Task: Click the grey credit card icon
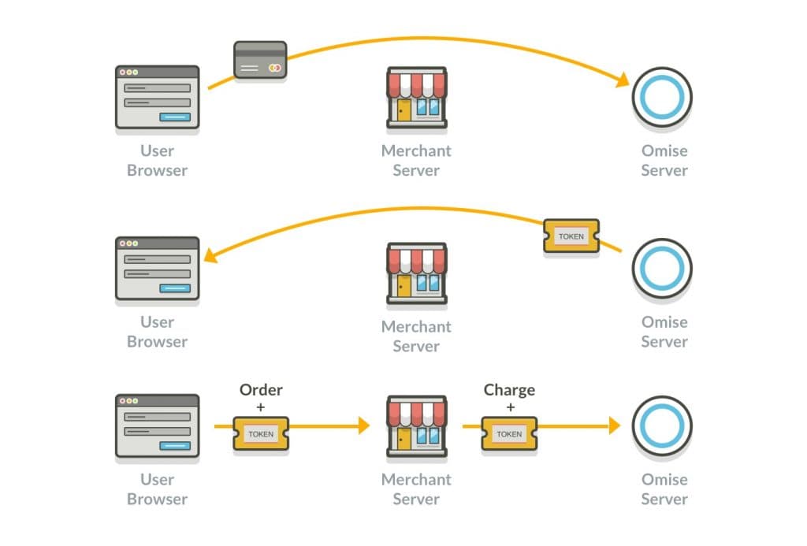coord(260,60)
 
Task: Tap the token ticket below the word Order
coord(261,434)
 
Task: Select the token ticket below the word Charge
coord(509,434)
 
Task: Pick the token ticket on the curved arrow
coord(571,236)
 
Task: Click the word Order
coord(261,390)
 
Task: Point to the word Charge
coord(509,390)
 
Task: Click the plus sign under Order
coord(261,407)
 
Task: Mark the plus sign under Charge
coord(509,407)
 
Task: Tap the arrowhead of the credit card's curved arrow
coord(623,80)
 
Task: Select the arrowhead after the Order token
coord(363,426)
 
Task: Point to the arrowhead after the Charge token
coord(614,426)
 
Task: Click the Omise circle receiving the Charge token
coord(662,426)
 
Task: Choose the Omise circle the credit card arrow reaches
coord(662,98)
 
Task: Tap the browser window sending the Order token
coord(157,426)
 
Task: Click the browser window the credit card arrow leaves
coord(157,98)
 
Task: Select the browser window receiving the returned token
coord(157,269)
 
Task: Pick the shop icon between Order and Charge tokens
coord(416,426)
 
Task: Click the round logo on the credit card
coord(274,69)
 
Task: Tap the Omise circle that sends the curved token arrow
coord(662,269)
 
